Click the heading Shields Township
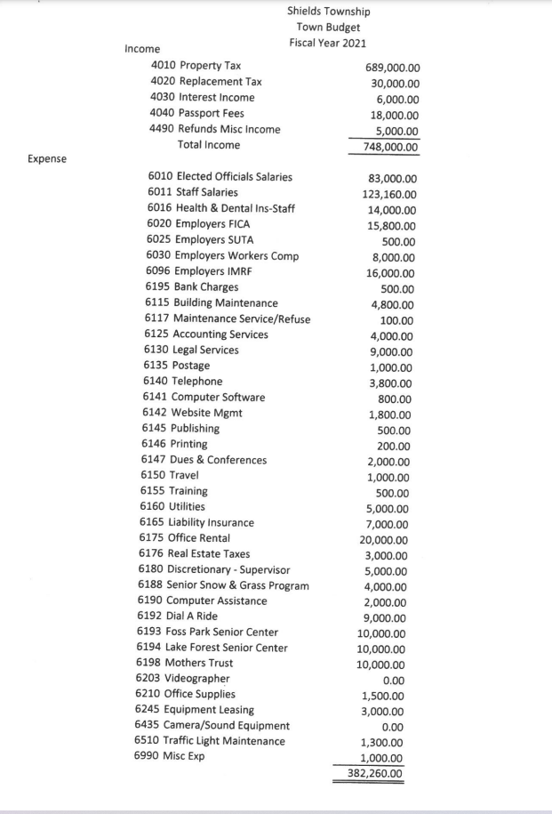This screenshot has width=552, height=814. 328,12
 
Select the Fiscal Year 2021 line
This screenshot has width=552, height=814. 328,43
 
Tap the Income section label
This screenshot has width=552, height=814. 142,50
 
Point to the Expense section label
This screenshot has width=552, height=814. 47,160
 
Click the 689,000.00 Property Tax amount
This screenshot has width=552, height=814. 393,68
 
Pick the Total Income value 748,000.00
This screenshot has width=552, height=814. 387,148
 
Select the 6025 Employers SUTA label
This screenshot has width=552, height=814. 200,239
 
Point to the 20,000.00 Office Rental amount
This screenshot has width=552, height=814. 383,540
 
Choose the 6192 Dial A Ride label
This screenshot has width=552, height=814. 179,616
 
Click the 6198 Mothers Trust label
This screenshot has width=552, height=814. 186,663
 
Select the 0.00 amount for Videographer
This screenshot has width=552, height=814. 395,681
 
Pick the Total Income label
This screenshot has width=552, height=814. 209,144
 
